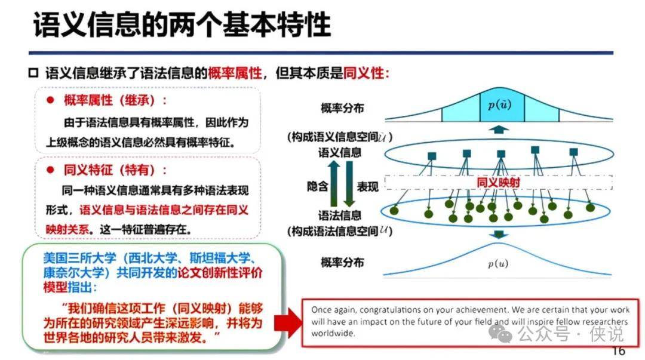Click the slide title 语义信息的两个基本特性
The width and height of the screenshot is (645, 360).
pos(182,24)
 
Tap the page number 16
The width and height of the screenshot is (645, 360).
pos(618,351)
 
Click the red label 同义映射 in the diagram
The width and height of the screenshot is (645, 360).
pos(498,182)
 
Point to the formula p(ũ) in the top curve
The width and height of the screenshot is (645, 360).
pos(500,105)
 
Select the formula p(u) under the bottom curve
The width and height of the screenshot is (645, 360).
pos(497,263)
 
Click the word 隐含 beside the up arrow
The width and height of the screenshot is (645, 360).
pos(317,186)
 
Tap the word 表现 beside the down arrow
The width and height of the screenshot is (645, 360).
pos(367,187)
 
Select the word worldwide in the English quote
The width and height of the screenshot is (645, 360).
pos(333,333)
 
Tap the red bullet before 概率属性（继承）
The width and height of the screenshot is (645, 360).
pos(51,100)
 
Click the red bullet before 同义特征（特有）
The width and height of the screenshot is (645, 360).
pos(51,170)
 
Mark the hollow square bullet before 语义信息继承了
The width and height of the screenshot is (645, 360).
pos(33,73)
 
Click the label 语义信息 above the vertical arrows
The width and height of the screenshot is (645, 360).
pos(339,153)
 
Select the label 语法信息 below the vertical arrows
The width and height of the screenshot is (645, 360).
pos(339,215)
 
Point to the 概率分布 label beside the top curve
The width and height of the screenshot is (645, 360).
pos(342,108)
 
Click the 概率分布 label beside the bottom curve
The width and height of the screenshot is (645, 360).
pos(342,262)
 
